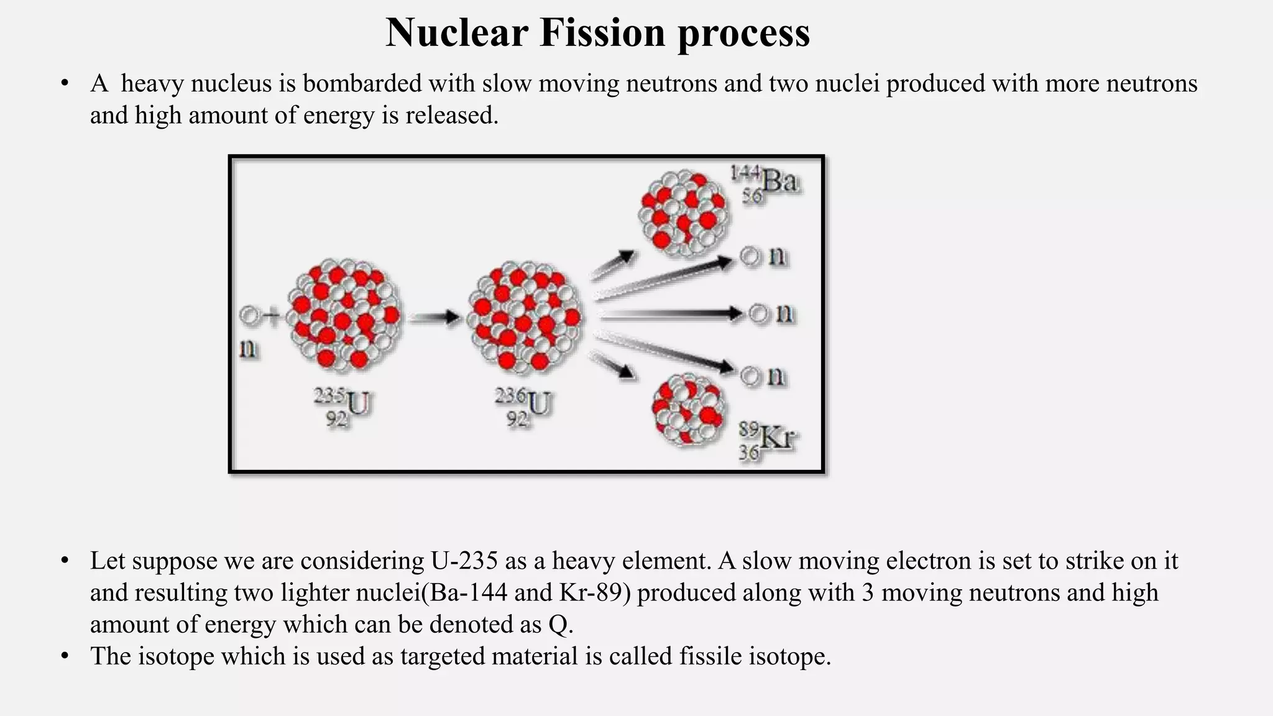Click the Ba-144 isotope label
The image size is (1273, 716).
(x=765, y=183)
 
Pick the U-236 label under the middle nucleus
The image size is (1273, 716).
(x=523, y=407)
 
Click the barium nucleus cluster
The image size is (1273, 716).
(x=684, y=214)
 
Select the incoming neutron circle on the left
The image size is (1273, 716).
(x=249, y=316)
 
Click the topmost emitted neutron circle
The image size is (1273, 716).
(x=750, y=256)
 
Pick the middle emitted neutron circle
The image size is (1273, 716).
(x=759, y=313)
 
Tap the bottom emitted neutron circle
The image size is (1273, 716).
(x=750, y=375)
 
